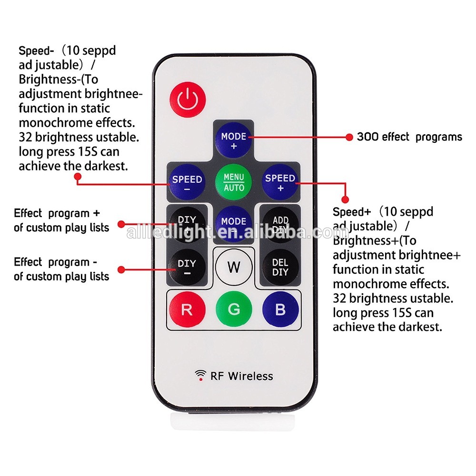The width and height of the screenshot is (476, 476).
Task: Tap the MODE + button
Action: coord(234,140)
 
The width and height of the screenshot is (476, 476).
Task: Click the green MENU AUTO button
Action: coord(234,182)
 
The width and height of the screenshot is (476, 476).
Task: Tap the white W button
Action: coord(234,267)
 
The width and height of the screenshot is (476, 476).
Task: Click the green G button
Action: coord(234,310)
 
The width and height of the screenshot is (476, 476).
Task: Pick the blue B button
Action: coord(280,310)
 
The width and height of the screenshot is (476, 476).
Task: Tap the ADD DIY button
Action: coord(280,225)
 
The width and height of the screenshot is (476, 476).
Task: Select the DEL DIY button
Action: coord(280,268)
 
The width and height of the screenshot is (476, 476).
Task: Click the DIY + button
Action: coord(187,224)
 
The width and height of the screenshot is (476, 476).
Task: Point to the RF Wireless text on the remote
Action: coord(242,376)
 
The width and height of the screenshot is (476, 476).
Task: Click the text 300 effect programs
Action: coord(409,137)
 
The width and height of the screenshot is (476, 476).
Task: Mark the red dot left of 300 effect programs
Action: coord(349,137)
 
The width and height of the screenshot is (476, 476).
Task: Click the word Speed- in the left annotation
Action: coord(35,50)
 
